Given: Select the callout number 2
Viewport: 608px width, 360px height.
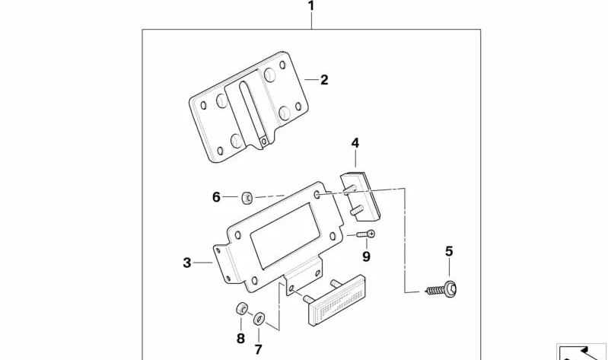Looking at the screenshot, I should click(323, 79).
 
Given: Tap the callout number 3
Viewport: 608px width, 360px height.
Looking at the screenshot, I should click(187, 263).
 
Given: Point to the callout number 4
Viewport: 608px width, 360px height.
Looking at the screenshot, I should click(355, 142).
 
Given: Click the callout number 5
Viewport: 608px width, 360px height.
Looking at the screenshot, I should click(449, 251).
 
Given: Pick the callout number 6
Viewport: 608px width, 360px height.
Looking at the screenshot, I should click(216, 197).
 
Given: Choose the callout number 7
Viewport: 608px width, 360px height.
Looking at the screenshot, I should click(258, 349).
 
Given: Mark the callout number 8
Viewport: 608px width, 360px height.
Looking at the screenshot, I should click(240, 338).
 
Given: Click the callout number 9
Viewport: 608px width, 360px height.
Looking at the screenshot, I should click(366, 256).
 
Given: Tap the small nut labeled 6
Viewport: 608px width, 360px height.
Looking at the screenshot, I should click(247, 198).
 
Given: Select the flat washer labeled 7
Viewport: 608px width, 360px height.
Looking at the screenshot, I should click(258, 317).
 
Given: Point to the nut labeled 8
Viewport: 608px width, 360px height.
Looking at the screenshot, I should click(240, 309).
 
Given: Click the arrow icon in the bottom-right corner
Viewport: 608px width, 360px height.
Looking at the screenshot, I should click(581, 352).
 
